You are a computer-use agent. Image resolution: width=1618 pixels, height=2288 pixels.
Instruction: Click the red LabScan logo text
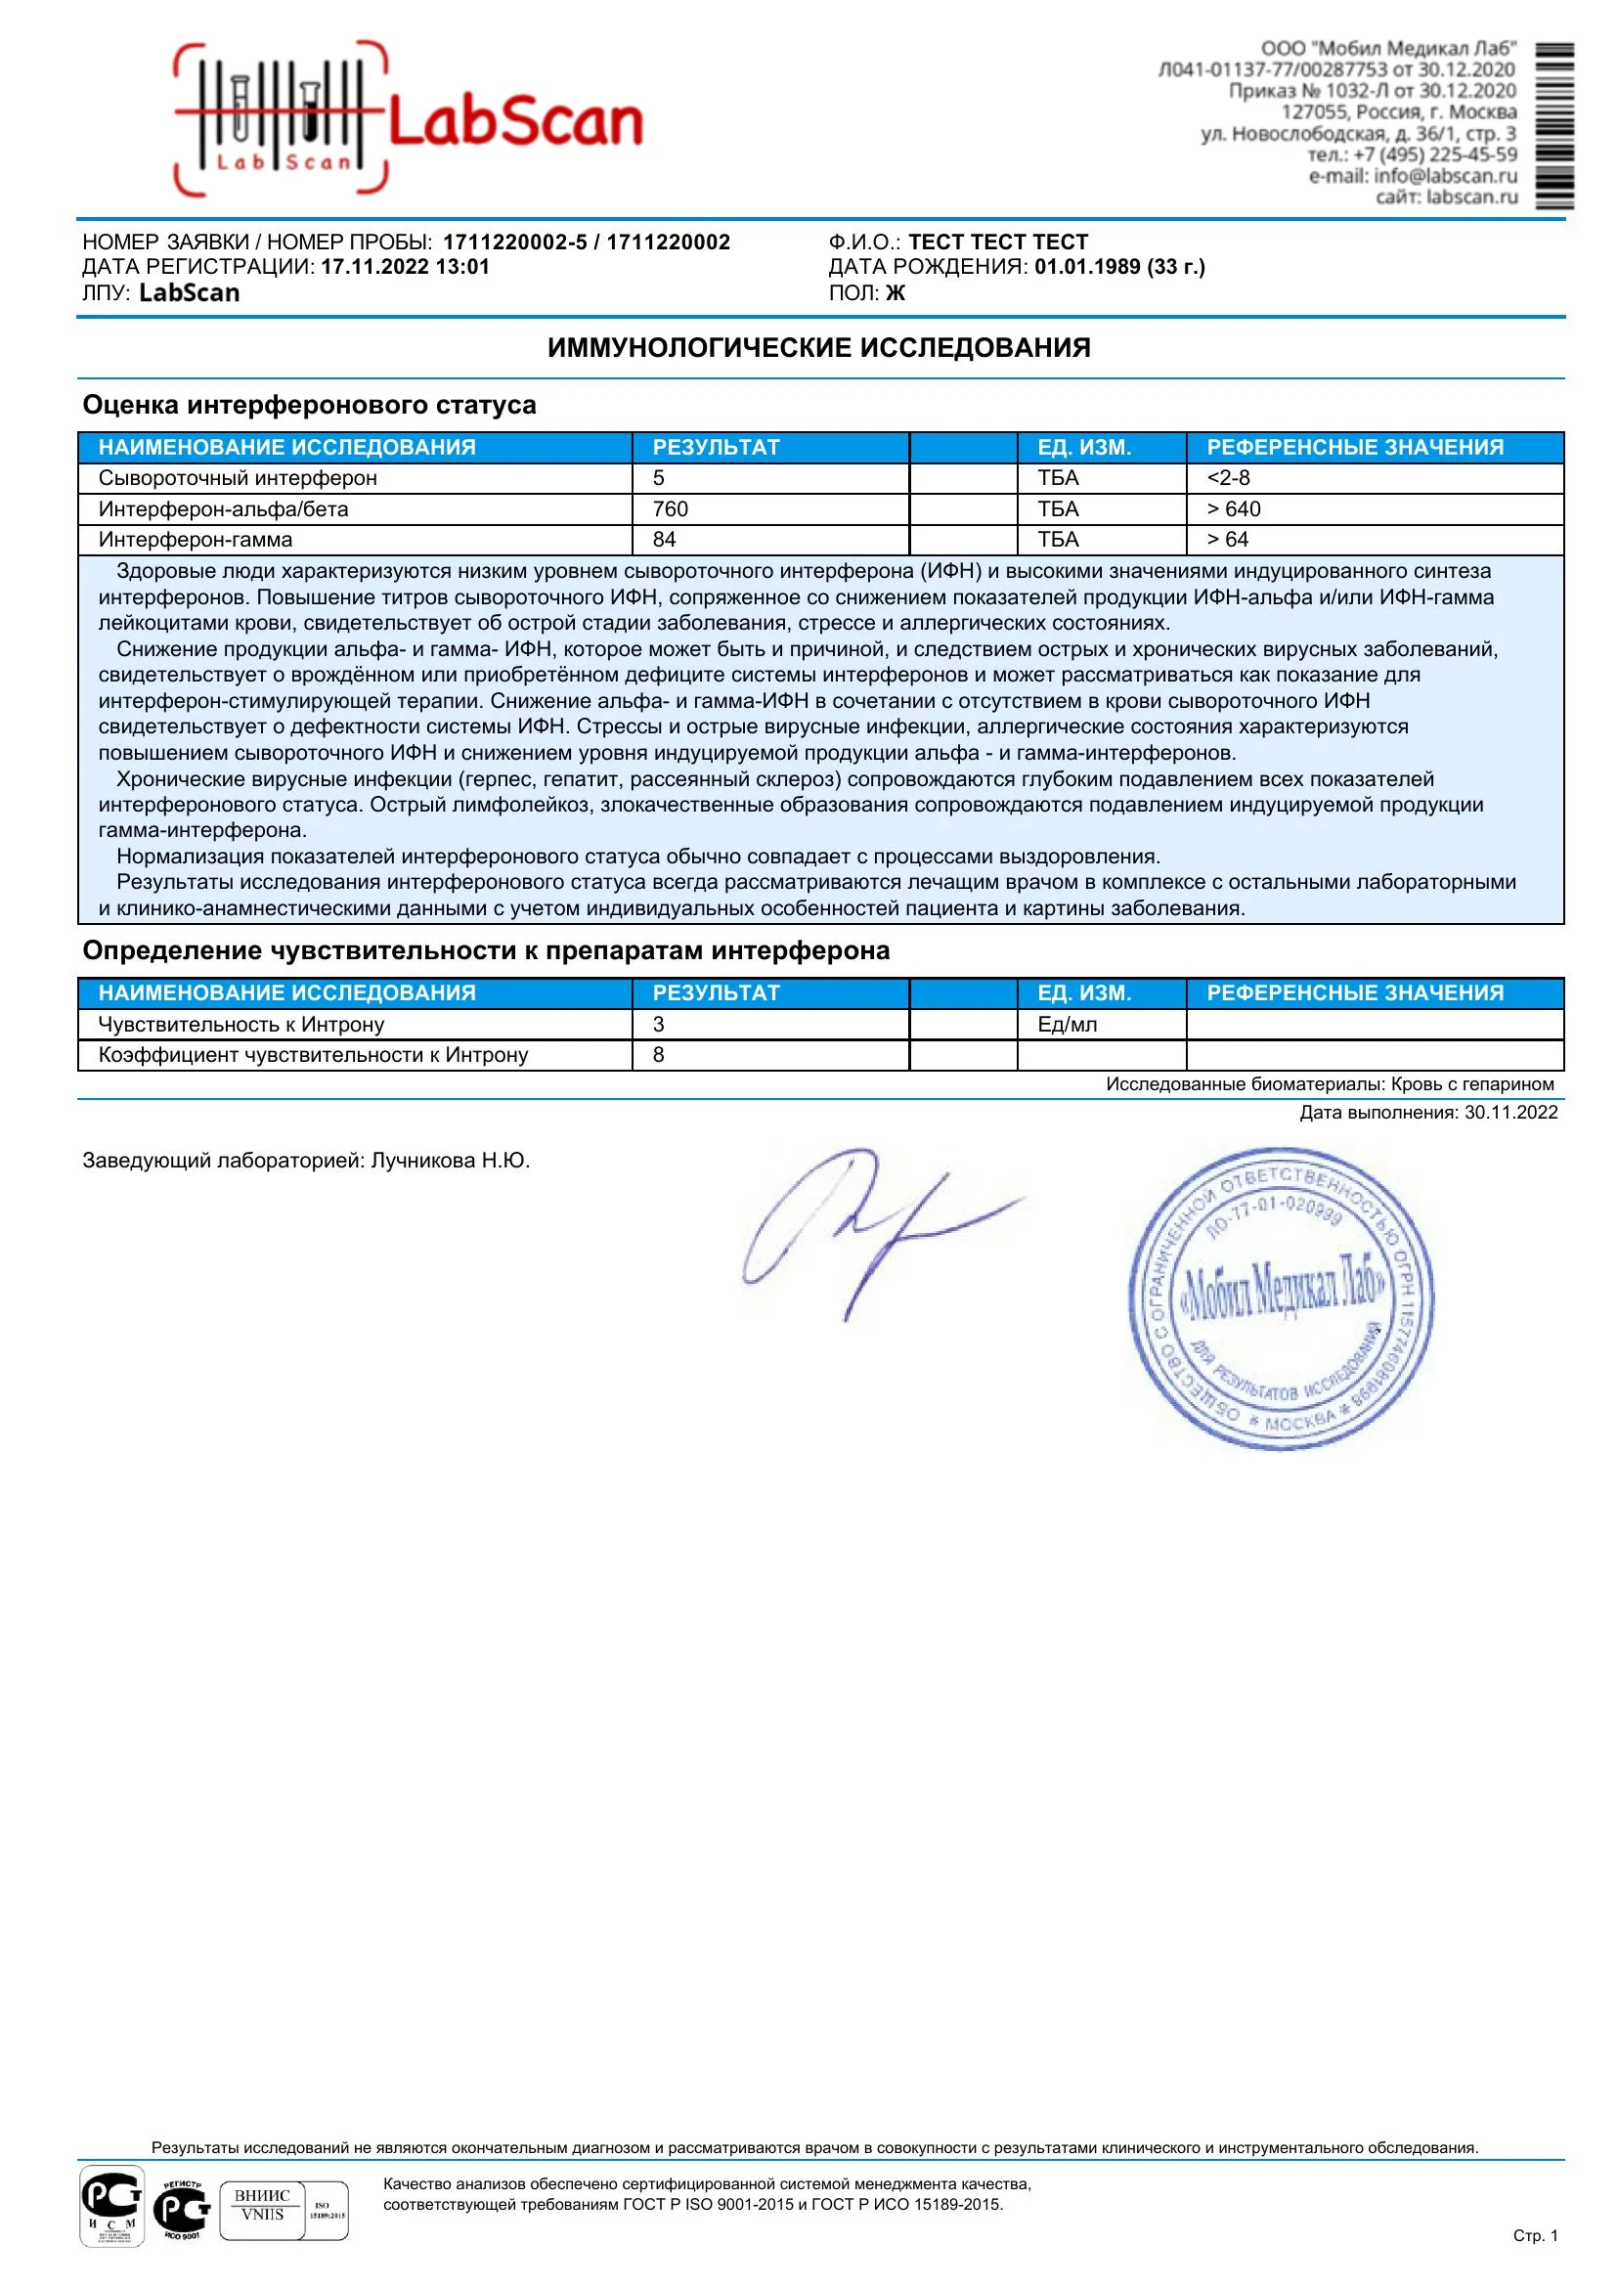coord(514,123)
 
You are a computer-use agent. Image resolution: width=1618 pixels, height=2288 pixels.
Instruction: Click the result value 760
coord(670,509)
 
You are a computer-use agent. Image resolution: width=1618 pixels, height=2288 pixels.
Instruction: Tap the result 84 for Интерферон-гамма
coord(664,539)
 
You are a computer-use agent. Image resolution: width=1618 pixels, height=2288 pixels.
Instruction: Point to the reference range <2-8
coord(1229,477)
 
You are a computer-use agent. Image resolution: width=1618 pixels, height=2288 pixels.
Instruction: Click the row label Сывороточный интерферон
coord(238,477)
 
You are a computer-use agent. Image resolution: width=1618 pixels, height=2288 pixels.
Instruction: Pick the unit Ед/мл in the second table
coord(1067,1024)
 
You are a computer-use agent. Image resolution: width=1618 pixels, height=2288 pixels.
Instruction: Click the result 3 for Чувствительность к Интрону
coord(659,1024)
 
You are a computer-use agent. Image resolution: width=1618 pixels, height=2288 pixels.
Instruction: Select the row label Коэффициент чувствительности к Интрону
coord(313,1054)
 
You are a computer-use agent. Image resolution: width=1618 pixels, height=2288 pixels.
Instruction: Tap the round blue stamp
coord(1282,1298)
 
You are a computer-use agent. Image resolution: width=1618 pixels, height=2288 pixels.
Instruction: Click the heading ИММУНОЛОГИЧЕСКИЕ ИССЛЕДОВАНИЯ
coord(819,348)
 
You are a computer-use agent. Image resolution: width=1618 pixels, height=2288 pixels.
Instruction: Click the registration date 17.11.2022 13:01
coord(405,267)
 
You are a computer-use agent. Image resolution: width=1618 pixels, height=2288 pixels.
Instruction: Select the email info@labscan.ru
coord(1445,175)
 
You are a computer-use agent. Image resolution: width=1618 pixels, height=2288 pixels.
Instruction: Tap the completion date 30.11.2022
coord(1510,1112)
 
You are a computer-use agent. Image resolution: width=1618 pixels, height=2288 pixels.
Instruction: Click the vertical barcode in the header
coord(1554,125)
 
